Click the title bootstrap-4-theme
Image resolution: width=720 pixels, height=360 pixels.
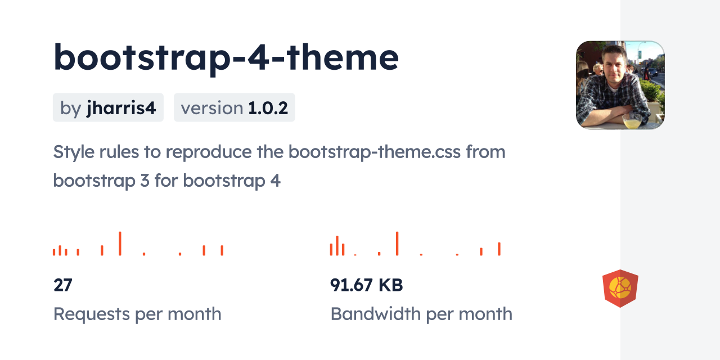(x=226, y=58)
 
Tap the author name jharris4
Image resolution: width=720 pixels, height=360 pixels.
(x=121, y=107)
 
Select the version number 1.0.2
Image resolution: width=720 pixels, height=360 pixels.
(x=268, y=108)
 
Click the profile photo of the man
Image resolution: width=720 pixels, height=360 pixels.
(x=620, y=85)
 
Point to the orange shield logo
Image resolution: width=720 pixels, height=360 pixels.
(x=620, y=289)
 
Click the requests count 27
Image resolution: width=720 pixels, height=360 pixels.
(x=62, y=285)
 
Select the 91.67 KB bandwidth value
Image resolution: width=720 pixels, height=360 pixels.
(x=366, y=285)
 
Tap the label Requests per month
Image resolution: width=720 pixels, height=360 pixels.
(x=137, y=314)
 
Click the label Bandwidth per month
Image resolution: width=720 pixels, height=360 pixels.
(x=421, y=314)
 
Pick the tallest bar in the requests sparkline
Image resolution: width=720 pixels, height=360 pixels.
(x=120, y=244)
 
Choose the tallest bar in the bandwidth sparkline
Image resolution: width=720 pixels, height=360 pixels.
(x=397, y=244)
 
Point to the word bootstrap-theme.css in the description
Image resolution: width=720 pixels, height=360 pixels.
(x=374, y=152)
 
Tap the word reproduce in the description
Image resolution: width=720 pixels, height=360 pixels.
(x=208, y=152)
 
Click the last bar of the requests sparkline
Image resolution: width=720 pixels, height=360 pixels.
(x=222, y=250)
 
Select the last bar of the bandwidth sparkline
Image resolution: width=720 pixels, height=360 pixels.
(x=499, y=249)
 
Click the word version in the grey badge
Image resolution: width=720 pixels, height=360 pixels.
(x=212, y=109)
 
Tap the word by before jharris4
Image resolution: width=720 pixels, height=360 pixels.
(x=71, y=109)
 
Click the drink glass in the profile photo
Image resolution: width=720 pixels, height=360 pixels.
(x=632, y=120)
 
